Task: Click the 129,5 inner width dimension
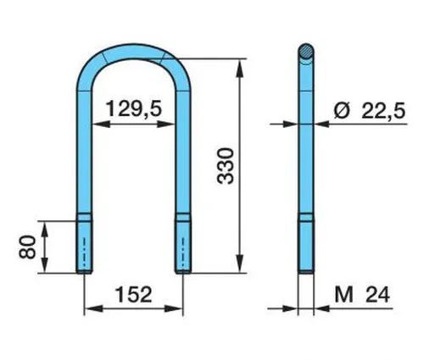point(135,109)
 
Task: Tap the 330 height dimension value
point(226,166)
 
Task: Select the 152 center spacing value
point(134,295)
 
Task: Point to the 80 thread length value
point(27,247)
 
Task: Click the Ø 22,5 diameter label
point(369,111)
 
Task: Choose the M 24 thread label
point(362,295)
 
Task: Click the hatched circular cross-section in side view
point(306,51)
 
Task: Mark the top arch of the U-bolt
point(134,52)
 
